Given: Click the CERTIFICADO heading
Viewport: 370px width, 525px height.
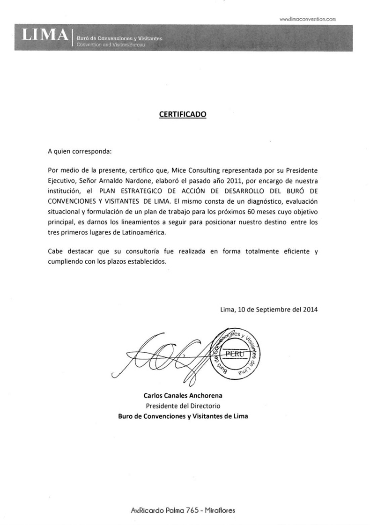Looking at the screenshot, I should click(x=183, y=113).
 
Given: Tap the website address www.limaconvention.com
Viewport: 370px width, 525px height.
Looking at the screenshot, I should click(x=308, y=19).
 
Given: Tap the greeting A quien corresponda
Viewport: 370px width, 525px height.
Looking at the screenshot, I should click(x=80, y=152).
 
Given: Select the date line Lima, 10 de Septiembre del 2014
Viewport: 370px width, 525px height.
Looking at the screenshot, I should click(x=269, y=309).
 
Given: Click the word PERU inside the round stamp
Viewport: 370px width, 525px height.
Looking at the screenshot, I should click(x=234, y=354).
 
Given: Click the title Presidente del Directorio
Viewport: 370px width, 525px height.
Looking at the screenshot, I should click(x=183, y=406).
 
